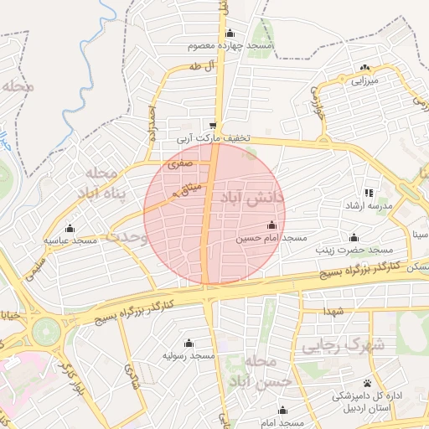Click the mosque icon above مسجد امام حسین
pos(271,225)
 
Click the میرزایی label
pos(364,81)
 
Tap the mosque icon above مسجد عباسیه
pos(70,228)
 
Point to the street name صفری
pos(181,165)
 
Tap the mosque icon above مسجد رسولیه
pos(189,343)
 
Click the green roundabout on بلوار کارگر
pos(48,329)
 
